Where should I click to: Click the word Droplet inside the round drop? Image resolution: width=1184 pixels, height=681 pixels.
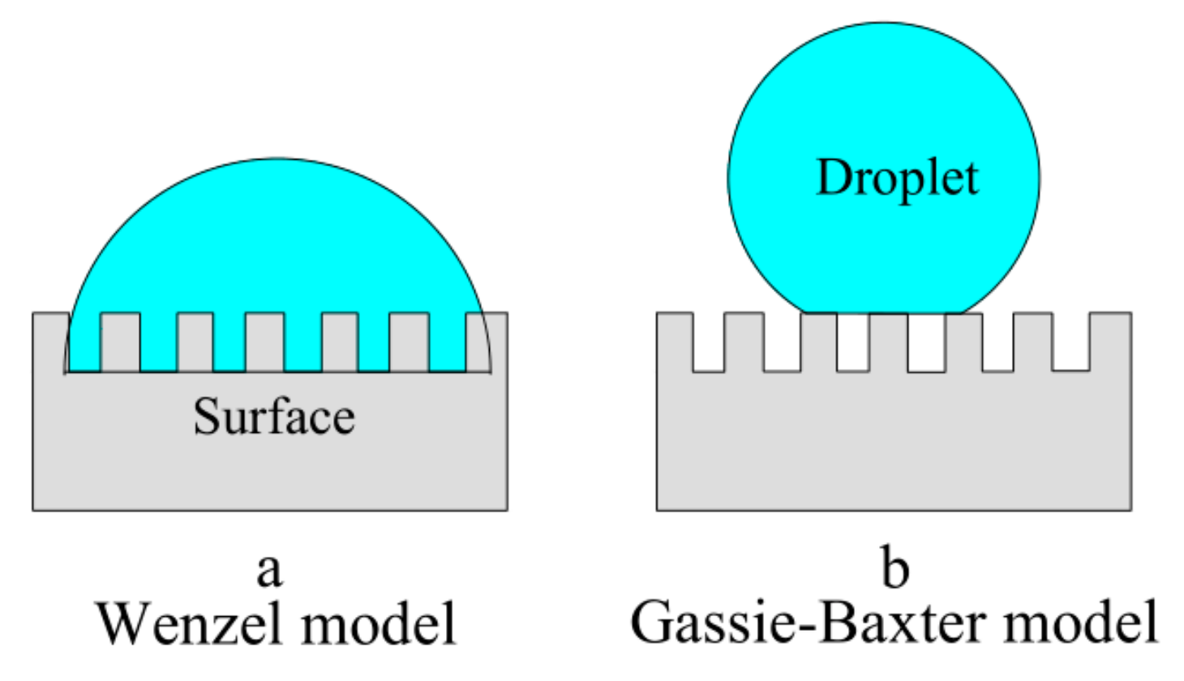[x=897, y=178]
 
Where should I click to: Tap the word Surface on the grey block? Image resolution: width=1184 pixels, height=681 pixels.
[x=274, y=417]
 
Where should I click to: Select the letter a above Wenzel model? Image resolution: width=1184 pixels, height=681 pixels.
[x=269, y=570]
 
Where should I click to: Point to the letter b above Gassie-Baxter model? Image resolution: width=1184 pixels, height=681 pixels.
[x=894, y=568]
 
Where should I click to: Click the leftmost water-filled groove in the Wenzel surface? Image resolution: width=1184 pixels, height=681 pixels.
[x=84, y=344]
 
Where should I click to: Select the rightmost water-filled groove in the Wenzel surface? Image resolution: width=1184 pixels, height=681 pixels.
[x=448, y=344]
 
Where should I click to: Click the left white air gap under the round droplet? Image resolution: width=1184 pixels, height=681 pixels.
[x=852, y=342]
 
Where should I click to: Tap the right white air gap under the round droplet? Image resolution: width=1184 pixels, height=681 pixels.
[x=926, y=343]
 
